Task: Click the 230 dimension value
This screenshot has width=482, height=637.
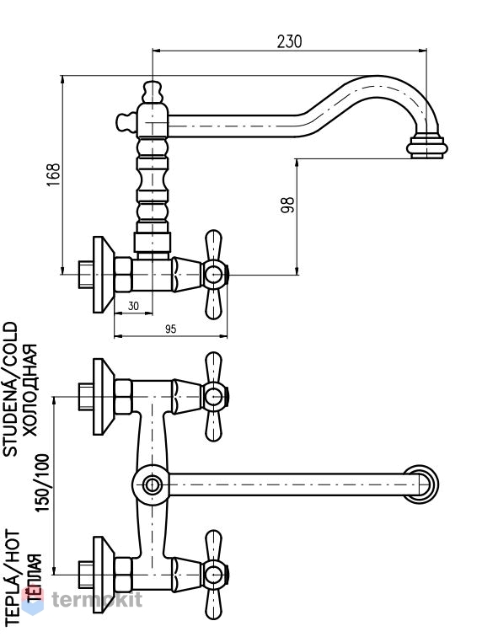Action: [289, 41]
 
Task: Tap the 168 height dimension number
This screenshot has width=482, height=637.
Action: [53, 174]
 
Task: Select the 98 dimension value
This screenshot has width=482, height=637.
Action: [287, 205]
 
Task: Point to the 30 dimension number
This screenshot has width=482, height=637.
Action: [133, 306]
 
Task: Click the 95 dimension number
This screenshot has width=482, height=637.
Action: [171, 329]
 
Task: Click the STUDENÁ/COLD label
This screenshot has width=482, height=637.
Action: [11, 388]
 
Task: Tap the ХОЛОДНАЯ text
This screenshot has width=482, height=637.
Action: [29, 390]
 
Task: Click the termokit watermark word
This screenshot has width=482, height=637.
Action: [97, 599]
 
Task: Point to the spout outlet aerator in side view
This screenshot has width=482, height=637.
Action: [426, 147]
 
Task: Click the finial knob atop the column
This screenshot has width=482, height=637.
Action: [153, 92]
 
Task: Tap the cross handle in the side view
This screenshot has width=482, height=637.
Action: [214, 275]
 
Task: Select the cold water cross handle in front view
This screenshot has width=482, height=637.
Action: [214, 397]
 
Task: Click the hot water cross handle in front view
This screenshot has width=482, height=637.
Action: [214, 575]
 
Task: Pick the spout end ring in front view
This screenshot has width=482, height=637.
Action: [421, 484]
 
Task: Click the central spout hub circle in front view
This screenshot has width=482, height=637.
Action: [151, 484]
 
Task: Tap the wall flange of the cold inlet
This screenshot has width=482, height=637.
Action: [104, 397]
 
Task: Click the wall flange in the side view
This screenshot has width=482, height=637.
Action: [104, 275]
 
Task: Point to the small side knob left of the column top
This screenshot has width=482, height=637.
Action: [126, 122]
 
